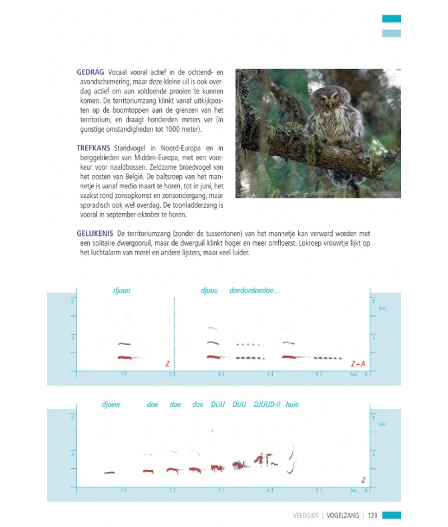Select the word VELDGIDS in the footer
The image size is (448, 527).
pos(305,515)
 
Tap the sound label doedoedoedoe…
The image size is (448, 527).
pos(255,291)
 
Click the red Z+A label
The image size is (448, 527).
pos(358,364)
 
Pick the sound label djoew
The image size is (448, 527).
pos(112,405)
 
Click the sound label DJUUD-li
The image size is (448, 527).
pos(267,405)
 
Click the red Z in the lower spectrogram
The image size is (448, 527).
pos(363,480)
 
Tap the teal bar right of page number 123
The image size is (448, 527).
pos(391,515)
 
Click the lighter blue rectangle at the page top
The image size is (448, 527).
pos(391,33)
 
